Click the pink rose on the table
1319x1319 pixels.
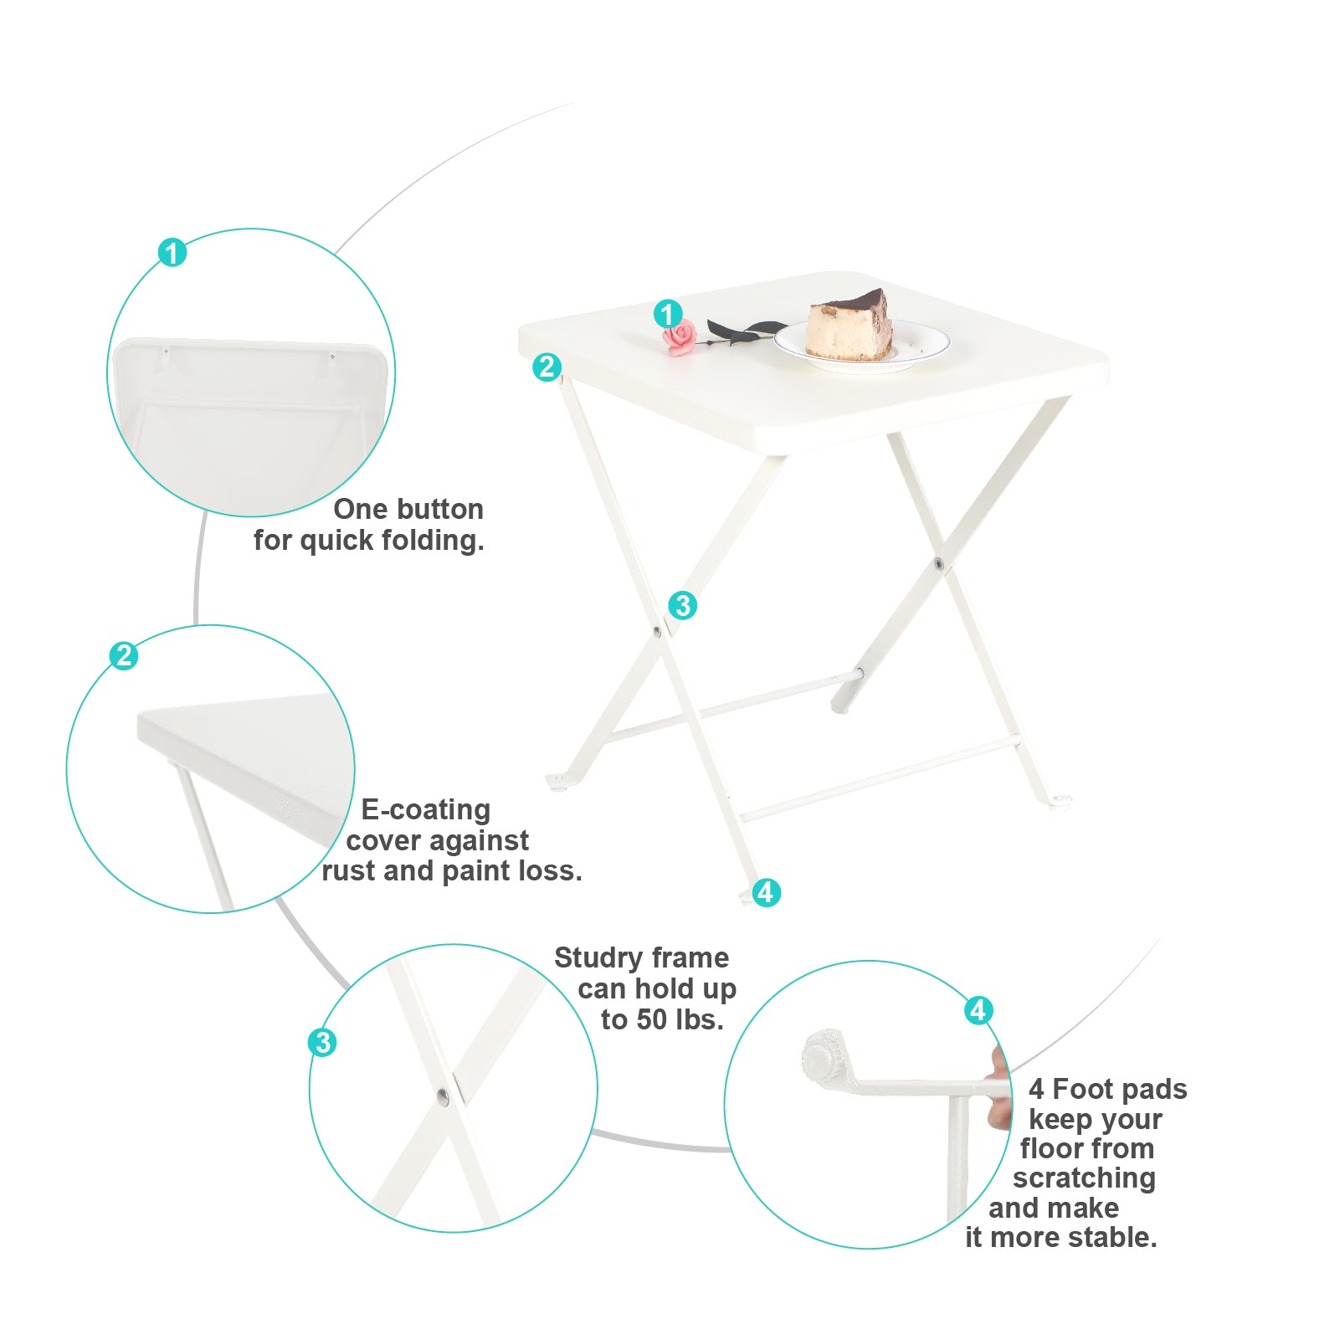click(x=679, y=337)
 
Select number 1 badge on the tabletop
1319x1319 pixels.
click(x=667, y=315)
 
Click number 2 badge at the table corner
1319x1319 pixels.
click(x=547, y=367)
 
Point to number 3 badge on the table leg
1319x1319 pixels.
click(x=682, y=605)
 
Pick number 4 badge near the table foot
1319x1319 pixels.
click(x=765, y=892)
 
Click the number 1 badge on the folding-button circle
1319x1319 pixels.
click(x=172, y=252)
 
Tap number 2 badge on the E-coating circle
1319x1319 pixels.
click(x=124, y=655)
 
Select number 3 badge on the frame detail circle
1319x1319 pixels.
click(x=322, y=1043)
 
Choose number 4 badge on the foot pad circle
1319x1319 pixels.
click(x=978, y=1010)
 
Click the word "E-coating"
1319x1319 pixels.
click(x=425, y=809)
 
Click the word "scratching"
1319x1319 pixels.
click(x=1084, y=1178)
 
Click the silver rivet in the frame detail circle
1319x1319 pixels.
click(x=443, y=1096)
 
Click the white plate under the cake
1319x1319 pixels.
click(x=862, y=345)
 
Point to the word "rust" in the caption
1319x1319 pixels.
click(x=350, y=872)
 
